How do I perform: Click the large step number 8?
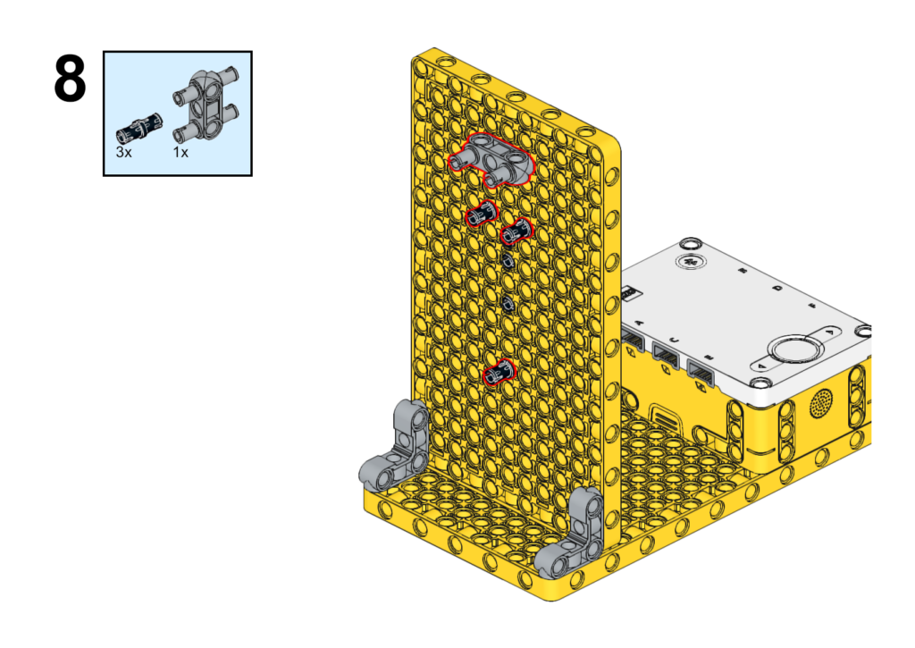[x=70, y=79]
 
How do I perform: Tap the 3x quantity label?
[x=123, y=152]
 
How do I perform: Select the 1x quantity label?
[x=180, y=152]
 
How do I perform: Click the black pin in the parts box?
[x=139, y=129]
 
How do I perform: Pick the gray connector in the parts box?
[x=206, y=105]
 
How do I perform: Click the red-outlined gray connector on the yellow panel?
[x=491, y=159]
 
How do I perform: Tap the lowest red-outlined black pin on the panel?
[x=499, y=372]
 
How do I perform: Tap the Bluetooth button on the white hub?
[x=691, y=262]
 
